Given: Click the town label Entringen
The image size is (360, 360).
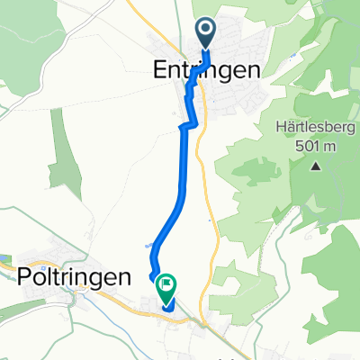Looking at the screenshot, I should tap(205, 70).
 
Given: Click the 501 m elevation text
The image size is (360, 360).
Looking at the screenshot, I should tap(313, 145).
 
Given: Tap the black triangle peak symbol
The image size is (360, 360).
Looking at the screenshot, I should tap(316, 166).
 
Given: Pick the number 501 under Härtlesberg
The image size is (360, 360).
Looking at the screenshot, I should tap(305, 145).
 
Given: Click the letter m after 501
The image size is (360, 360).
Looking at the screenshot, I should tap(328, 145).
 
